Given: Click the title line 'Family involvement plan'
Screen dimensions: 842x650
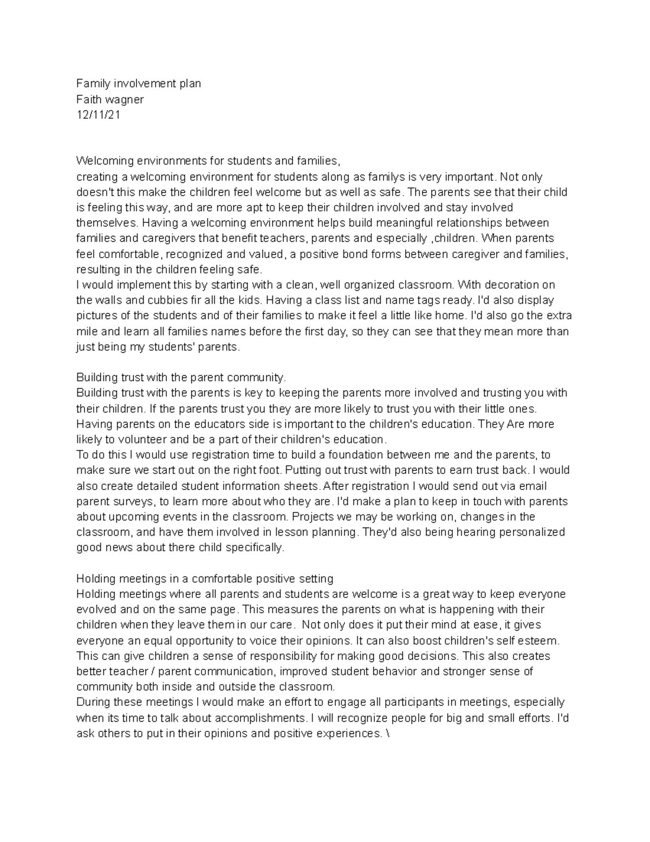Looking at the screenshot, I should pyautogui.click(x=138, y=83).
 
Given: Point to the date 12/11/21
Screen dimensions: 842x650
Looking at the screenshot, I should pyautogui.click(x=98, y=114).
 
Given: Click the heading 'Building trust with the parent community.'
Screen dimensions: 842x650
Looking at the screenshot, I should pyautogui.click(x=181, y=377).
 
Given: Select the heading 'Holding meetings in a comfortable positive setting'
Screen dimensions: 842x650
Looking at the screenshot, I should pyautogui.click(x=205, y=579).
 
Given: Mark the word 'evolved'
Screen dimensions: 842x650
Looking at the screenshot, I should pyautogui.click(x=96, y=609).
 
